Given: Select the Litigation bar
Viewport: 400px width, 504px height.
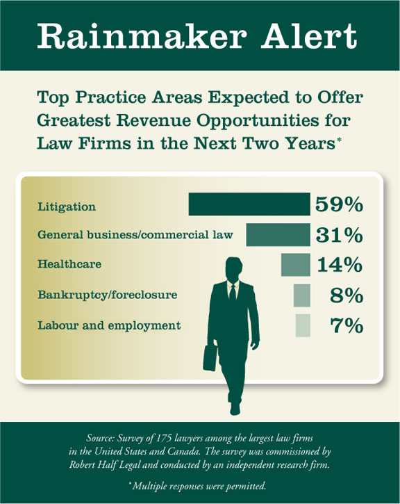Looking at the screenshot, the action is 249,204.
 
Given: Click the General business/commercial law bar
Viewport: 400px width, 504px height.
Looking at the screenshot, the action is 278,235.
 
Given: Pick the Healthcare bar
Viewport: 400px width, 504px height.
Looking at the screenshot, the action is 296,265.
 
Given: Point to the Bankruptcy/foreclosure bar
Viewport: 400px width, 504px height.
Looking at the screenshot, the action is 302,295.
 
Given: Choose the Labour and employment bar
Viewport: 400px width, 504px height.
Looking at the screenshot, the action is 303,325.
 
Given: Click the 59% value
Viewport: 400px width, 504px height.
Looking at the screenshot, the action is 340,204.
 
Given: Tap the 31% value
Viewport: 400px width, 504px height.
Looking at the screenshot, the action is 340,235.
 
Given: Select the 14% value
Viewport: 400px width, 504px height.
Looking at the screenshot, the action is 340,265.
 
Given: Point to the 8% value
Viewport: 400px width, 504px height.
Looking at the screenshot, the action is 347,295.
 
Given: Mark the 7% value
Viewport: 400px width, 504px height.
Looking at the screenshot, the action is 347,325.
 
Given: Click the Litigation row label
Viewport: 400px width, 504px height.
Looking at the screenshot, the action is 67,206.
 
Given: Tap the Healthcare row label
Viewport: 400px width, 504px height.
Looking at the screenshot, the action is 69,264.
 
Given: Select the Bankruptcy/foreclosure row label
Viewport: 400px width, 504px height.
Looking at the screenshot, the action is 107,295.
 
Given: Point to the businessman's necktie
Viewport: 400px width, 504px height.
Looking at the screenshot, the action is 233,292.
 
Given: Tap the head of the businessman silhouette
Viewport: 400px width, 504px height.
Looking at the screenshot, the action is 234,269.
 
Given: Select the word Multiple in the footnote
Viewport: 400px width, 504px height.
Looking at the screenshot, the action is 149,486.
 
